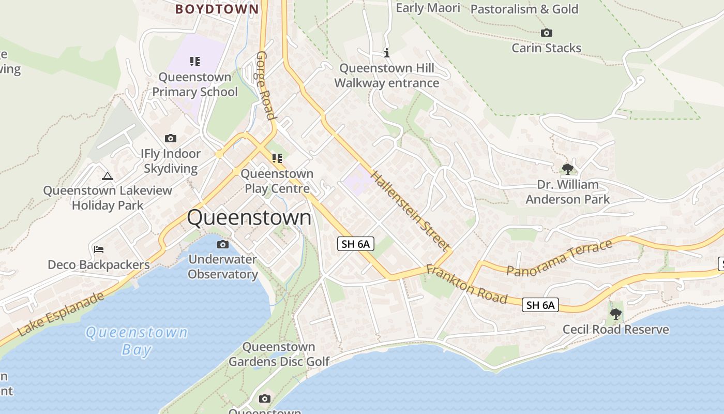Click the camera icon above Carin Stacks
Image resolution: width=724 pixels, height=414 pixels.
point(547,33)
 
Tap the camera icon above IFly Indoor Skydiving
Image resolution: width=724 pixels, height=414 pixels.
point(170,138)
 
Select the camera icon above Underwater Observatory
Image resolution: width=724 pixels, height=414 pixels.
point(223,244)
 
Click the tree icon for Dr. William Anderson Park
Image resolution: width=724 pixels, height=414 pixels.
point(568,169)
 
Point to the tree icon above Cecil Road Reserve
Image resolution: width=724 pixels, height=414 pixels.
point(615,314)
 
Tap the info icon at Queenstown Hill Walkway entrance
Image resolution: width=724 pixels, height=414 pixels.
point(386,53)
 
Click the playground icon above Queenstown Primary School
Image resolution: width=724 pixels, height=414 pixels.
point(194,62)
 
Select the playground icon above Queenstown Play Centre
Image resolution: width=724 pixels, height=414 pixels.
point(277,158)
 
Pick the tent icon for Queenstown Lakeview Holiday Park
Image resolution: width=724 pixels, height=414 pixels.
point(108,176)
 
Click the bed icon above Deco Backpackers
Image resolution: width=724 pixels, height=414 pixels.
point(99,249)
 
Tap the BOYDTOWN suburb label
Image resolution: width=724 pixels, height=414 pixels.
point(217,9)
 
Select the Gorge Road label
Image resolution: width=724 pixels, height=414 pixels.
point(265,85)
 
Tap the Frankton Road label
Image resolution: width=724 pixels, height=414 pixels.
point(466,285)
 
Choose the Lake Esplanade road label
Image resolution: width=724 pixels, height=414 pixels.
point(61,314)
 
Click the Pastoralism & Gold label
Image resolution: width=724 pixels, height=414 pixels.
point(524,9)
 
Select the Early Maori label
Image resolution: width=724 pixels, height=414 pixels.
point(428,8)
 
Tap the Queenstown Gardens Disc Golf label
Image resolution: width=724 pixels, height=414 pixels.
point(279,354)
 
